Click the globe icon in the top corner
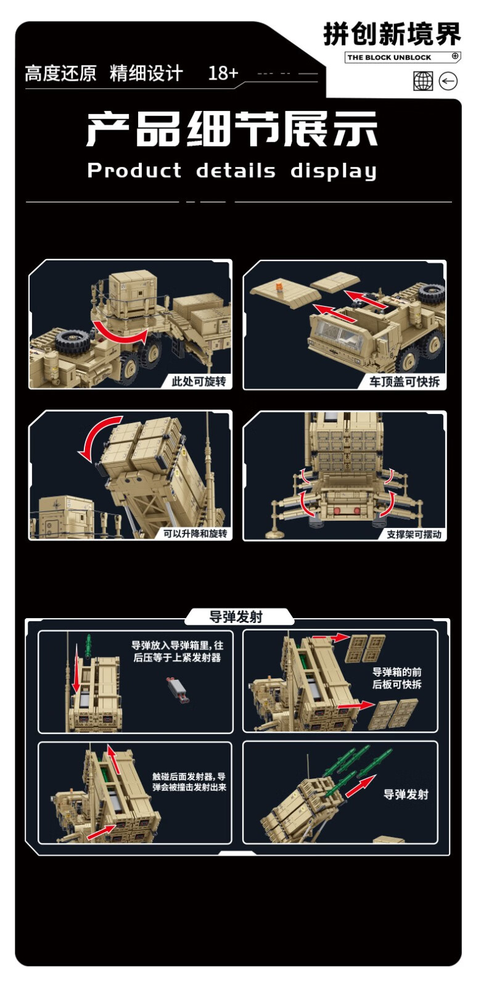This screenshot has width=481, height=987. pyautogui.click(x=423, y=81)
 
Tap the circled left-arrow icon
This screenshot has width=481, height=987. pyautogui.click(x=448, y=81)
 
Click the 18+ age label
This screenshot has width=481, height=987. pyautogui.click(x=223, y=73)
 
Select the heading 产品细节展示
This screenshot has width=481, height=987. pyautogui.click(x=232, y=129)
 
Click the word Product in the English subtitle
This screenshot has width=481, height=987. pyautogui.click(x=134, y=170)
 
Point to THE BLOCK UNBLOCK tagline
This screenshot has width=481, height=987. pyautogui.click(x=389, y=57)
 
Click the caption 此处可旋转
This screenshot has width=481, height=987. pyautogui.click(x=199, y=381)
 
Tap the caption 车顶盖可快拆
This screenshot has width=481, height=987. pyautogui.click(x=405, y=382)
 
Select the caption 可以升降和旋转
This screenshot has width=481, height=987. pyautogui.click(x=195, y=534)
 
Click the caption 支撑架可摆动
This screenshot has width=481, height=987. pyautogui.click(x=414, y=534)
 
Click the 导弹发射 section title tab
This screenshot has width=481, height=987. pyautogui.click(x=236, y=617)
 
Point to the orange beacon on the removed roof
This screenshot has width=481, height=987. pyautogui.click(x=279, y=286)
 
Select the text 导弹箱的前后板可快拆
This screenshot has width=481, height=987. pyautogui.click(x=397, y=678)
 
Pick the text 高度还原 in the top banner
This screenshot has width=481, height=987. pyautogui.click(x=61, y=73)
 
